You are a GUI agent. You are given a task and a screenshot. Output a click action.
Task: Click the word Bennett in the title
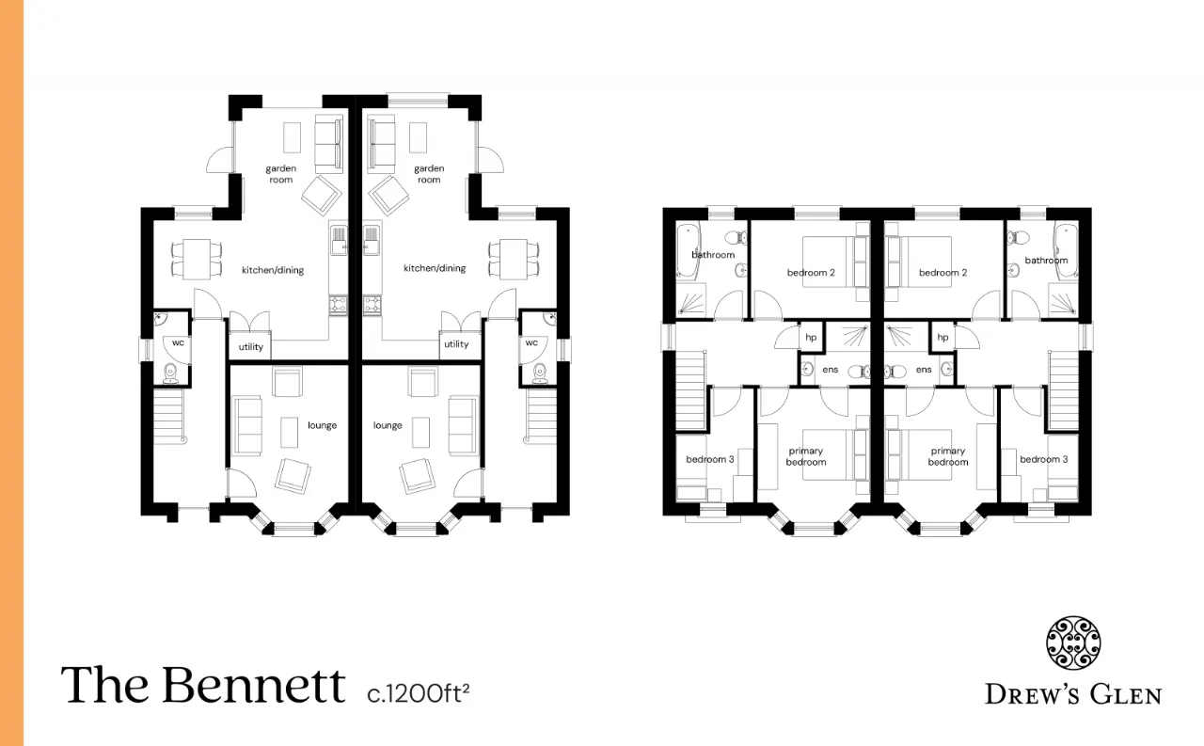click(x=253, y=684)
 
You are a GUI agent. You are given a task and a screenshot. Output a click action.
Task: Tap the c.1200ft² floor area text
click(x=419, y=693)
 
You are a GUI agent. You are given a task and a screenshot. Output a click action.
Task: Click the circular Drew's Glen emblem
click(x=1073, y=643)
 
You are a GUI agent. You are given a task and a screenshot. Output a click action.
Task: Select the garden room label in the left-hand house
click(x=280, y=174)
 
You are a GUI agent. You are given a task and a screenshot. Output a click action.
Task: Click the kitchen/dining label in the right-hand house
click(x=435, y=268)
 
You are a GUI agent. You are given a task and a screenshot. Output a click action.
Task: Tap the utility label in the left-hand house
click(x=250, y=347)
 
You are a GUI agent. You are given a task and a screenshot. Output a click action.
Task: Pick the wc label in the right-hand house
click(x=531, y=342)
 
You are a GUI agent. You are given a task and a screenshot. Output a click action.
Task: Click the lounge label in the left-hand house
click(x=322, y=425)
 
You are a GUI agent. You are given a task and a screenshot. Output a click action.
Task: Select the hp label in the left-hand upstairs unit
click(x=811, y=338)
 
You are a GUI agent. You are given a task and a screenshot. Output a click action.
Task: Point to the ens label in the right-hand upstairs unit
click(x=924, y=370)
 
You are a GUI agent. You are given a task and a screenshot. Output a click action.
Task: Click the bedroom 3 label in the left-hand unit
click(x=709, y=459)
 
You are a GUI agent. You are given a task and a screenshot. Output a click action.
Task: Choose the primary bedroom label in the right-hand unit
click(x=947, y=456)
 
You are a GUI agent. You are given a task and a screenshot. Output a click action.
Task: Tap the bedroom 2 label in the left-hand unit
click(x=811, y=273)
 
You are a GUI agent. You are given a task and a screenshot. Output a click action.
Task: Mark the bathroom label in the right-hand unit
click(x=1046, y=261)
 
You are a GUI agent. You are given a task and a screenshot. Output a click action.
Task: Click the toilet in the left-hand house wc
click(x=170, y=373)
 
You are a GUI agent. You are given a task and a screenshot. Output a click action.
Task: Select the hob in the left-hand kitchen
click(x=338, y=304)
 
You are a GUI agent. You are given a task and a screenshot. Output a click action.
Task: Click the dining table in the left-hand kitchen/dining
click(x=197, y=259)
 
